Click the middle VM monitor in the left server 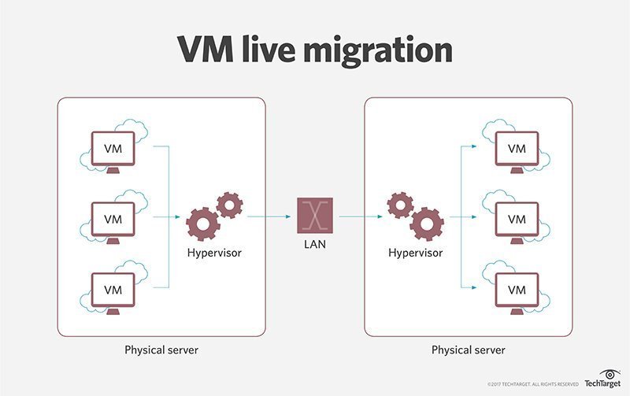113,218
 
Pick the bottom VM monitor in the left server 113,288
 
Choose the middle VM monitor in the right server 516,218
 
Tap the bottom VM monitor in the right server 516,288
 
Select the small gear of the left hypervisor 229,205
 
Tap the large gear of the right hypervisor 426,223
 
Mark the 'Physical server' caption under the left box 161,349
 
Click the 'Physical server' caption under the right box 469,349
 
